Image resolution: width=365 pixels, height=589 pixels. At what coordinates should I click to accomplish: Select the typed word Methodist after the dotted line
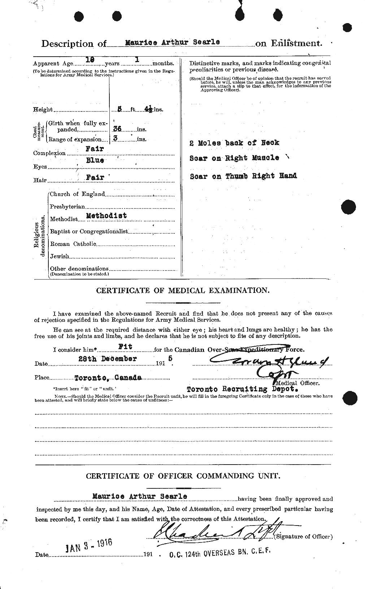click(107, 216)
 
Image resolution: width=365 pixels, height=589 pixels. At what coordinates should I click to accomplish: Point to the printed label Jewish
click(60, 257)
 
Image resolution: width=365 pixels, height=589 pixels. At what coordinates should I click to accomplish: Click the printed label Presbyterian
click(67, 207)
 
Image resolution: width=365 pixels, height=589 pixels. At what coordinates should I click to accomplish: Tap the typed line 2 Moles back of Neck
click(234, 143)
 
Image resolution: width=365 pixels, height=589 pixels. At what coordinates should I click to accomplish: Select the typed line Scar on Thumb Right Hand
click(243, 176)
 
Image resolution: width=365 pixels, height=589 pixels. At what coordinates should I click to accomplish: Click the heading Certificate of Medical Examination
click(182, 290)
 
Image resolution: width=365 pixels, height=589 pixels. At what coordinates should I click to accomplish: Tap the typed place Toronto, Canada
click(108, 378)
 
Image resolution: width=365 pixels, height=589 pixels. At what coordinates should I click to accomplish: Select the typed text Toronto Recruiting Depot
click(242, 390)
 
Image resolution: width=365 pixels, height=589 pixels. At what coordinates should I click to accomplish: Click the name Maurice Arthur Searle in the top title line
click(172, 42)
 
